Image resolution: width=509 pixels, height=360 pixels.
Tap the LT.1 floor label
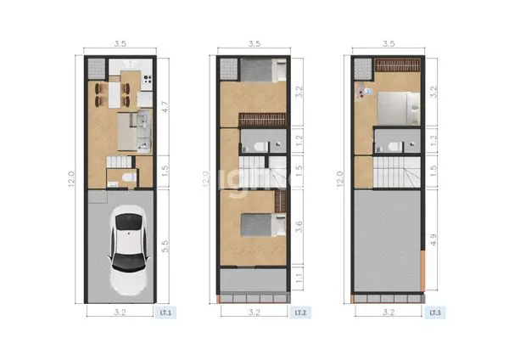[x=166, y=312]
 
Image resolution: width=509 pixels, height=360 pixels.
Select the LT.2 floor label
[x=300, y=312]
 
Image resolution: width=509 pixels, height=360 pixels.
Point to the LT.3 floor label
[x=434, y=312]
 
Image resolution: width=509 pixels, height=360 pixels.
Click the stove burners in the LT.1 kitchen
[x=148, y=81]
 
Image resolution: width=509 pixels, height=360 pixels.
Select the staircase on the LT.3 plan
[x=392, y=175]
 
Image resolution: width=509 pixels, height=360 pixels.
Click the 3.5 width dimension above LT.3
[x=389, y=42]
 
